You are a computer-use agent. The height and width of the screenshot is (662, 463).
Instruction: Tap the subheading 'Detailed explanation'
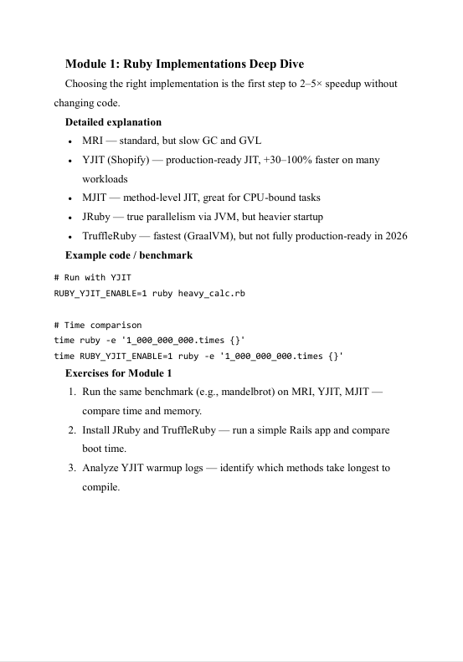click(x=113, y=121)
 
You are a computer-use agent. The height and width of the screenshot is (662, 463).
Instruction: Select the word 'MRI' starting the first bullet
click(x=92, y=140)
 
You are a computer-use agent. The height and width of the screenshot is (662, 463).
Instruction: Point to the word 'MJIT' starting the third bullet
click(x=95, y=198)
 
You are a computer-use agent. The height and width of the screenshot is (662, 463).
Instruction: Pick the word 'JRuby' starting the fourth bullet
click(x=96, y=217)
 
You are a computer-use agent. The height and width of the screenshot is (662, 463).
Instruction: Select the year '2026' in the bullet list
click(x=395, y=236)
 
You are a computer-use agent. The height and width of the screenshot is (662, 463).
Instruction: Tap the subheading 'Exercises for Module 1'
click(x=118, y=373)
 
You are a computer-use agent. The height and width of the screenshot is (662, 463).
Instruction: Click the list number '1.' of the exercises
click(x=73, y=392)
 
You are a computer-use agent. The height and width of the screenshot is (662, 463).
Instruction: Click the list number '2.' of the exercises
click(x=73, y=430)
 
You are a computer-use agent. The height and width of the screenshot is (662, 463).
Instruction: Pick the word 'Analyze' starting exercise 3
click(x=100, y=468)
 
